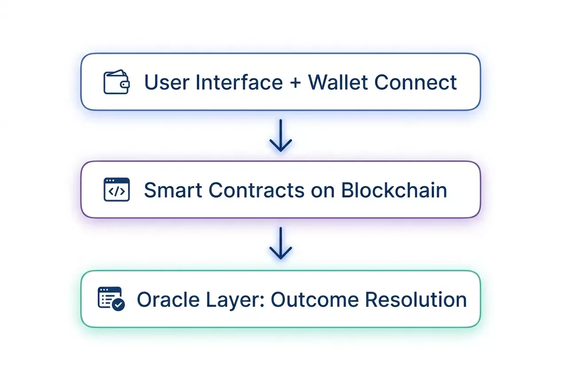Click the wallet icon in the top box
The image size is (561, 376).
116,82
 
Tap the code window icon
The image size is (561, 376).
116,190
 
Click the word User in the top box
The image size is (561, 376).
166,82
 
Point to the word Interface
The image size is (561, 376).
239,82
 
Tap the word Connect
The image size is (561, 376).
415,82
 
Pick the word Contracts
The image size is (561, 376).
257,190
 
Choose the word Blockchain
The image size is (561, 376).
394,190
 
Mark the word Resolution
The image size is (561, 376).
416,300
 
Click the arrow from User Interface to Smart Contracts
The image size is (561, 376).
280,136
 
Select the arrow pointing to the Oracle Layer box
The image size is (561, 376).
280,243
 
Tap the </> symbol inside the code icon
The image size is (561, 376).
116,192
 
